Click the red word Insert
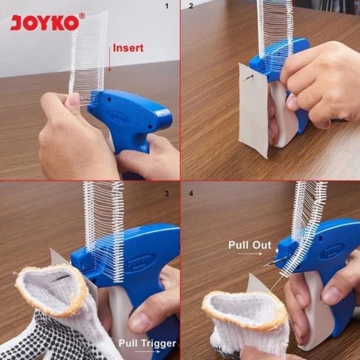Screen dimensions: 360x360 coord(128,48)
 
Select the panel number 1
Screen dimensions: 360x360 coord(167,6)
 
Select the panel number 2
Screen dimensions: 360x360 coord(191,6)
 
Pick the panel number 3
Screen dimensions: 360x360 coord(167,193)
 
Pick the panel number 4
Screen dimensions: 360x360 coord(191,193)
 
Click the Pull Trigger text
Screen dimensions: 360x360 coord(147,343)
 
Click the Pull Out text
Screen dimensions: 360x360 coord(250,245)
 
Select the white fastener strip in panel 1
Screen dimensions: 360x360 coord(89,53)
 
